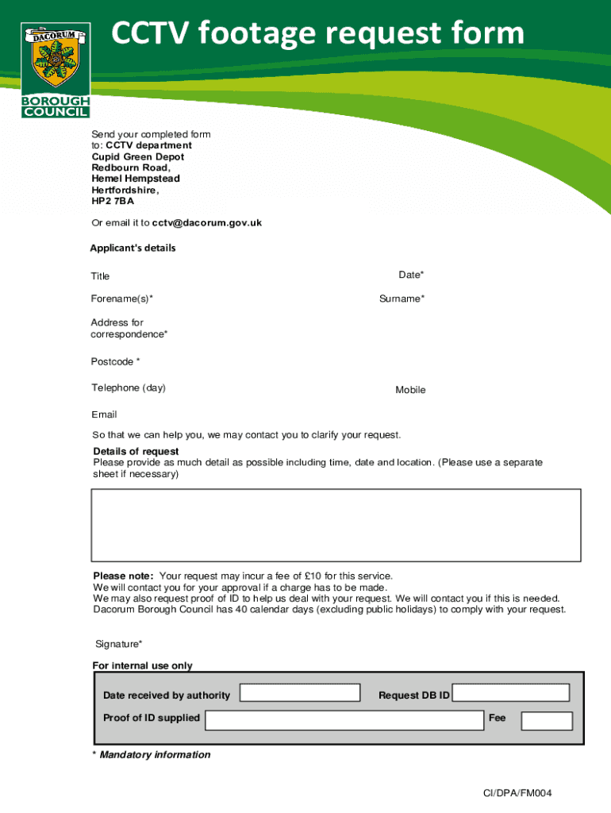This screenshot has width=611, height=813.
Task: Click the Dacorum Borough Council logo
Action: coord(56,70)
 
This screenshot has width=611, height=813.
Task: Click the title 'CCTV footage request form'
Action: coord(317,33)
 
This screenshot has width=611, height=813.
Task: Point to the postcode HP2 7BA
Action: coord(113,202)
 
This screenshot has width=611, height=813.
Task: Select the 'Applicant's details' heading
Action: coord(133,249)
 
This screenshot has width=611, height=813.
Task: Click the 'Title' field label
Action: coord(100,276)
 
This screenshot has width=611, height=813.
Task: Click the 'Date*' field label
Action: coord(411,275)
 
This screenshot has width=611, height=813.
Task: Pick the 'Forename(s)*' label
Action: coord(121,299)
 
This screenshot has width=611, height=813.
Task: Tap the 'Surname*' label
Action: coord(402,299)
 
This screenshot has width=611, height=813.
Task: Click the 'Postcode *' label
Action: coord(115,362)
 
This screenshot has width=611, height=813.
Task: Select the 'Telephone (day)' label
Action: coord(128,388)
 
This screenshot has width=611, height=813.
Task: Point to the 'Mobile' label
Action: coord(410,390)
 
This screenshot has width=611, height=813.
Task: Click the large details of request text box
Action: coord(336,525)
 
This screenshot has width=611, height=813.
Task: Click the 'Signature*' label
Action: coord(119,644)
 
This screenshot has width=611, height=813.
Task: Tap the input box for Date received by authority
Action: coord(300,693)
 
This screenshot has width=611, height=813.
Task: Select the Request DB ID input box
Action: coord(510,692)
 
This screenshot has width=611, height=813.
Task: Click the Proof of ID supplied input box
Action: coord(344,719)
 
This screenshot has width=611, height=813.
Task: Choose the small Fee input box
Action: coord(546,721)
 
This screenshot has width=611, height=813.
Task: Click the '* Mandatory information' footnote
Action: coord(151,755)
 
